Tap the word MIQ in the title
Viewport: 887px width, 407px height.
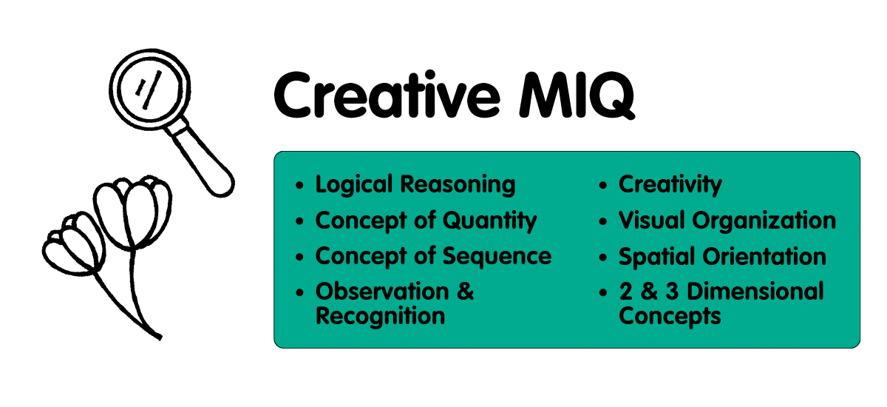point(577,95)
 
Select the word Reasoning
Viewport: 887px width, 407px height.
point(458,185)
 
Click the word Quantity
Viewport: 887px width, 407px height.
point(489,221)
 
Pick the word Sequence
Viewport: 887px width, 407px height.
point(497,256)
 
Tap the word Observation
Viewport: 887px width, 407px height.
point(382,292)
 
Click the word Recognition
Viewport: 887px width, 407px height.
point(380,316)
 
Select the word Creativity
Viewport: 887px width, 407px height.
point(670,185)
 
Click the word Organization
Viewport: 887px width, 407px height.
point(764,221)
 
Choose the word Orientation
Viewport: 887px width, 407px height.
point(764,256)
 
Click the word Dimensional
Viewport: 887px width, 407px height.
point(755,292)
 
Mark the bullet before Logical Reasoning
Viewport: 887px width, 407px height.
point(300,185)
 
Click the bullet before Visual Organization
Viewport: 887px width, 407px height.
point(603,221)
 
